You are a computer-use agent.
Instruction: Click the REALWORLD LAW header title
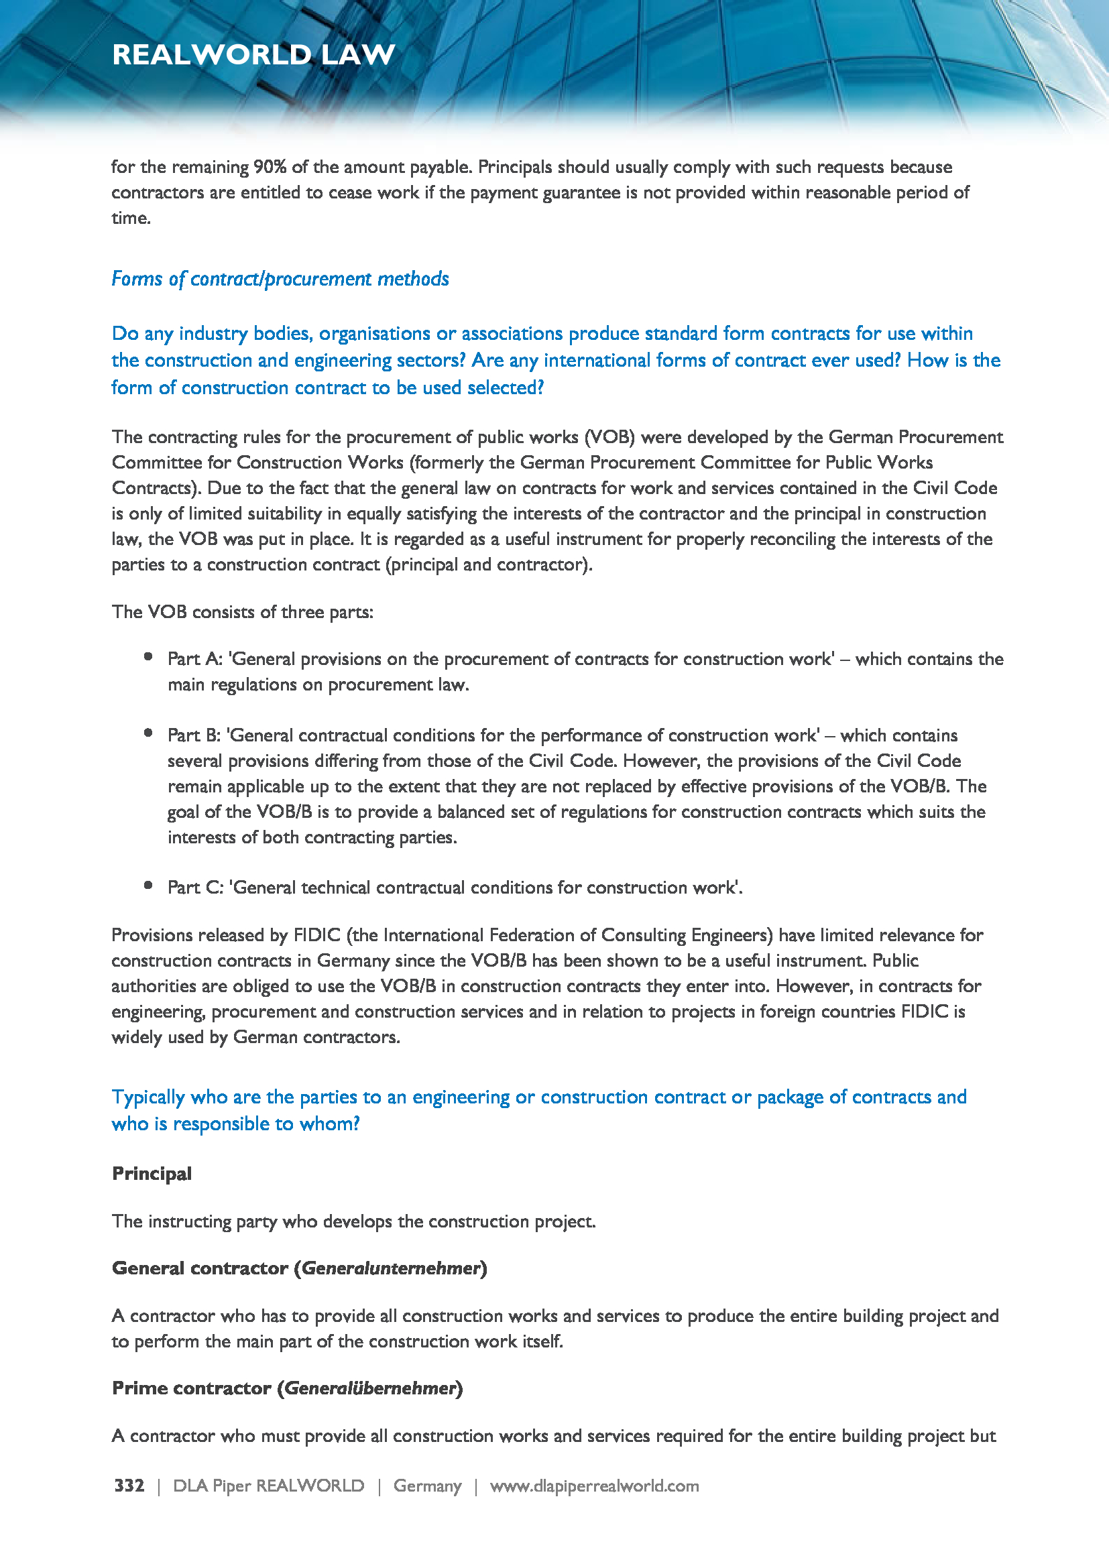tap(253, 54)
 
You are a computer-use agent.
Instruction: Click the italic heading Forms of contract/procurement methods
tap(280, 279)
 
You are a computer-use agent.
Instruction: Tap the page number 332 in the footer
tap(129, 1486)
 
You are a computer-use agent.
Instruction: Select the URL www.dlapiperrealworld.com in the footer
tap(594, 1486)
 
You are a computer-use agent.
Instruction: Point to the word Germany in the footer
tap(428, 1486)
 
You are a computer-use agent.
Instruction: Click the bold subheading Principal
tap(152, 1173)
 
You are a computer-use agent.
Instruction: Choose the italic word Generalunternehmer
tap(391, 1268)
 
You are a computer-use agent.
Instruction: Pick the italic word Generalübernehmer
tap(369, 1388)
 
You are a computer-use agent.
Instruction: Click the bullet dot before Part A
tap(148, 657)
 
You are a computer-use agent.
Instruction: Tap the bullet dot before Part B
tap(148, 733)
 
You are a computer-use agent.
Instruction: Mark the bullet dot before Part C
tap(148, 886)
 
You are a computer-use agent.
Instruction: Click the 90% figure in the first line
tap(270, 168)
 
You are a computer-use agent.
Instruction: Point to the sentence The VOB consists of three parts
tap(243, 612)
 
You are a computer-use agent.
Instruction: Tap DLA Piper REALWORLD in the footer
tap(268, 1486)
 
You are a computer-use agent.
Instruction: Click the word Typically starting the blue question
tap(148, 1097)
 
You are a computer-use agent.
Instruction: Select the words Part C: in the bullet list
tap(195, 887)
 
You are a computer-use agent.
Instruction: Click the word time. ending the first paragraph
tap(131, 219)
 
